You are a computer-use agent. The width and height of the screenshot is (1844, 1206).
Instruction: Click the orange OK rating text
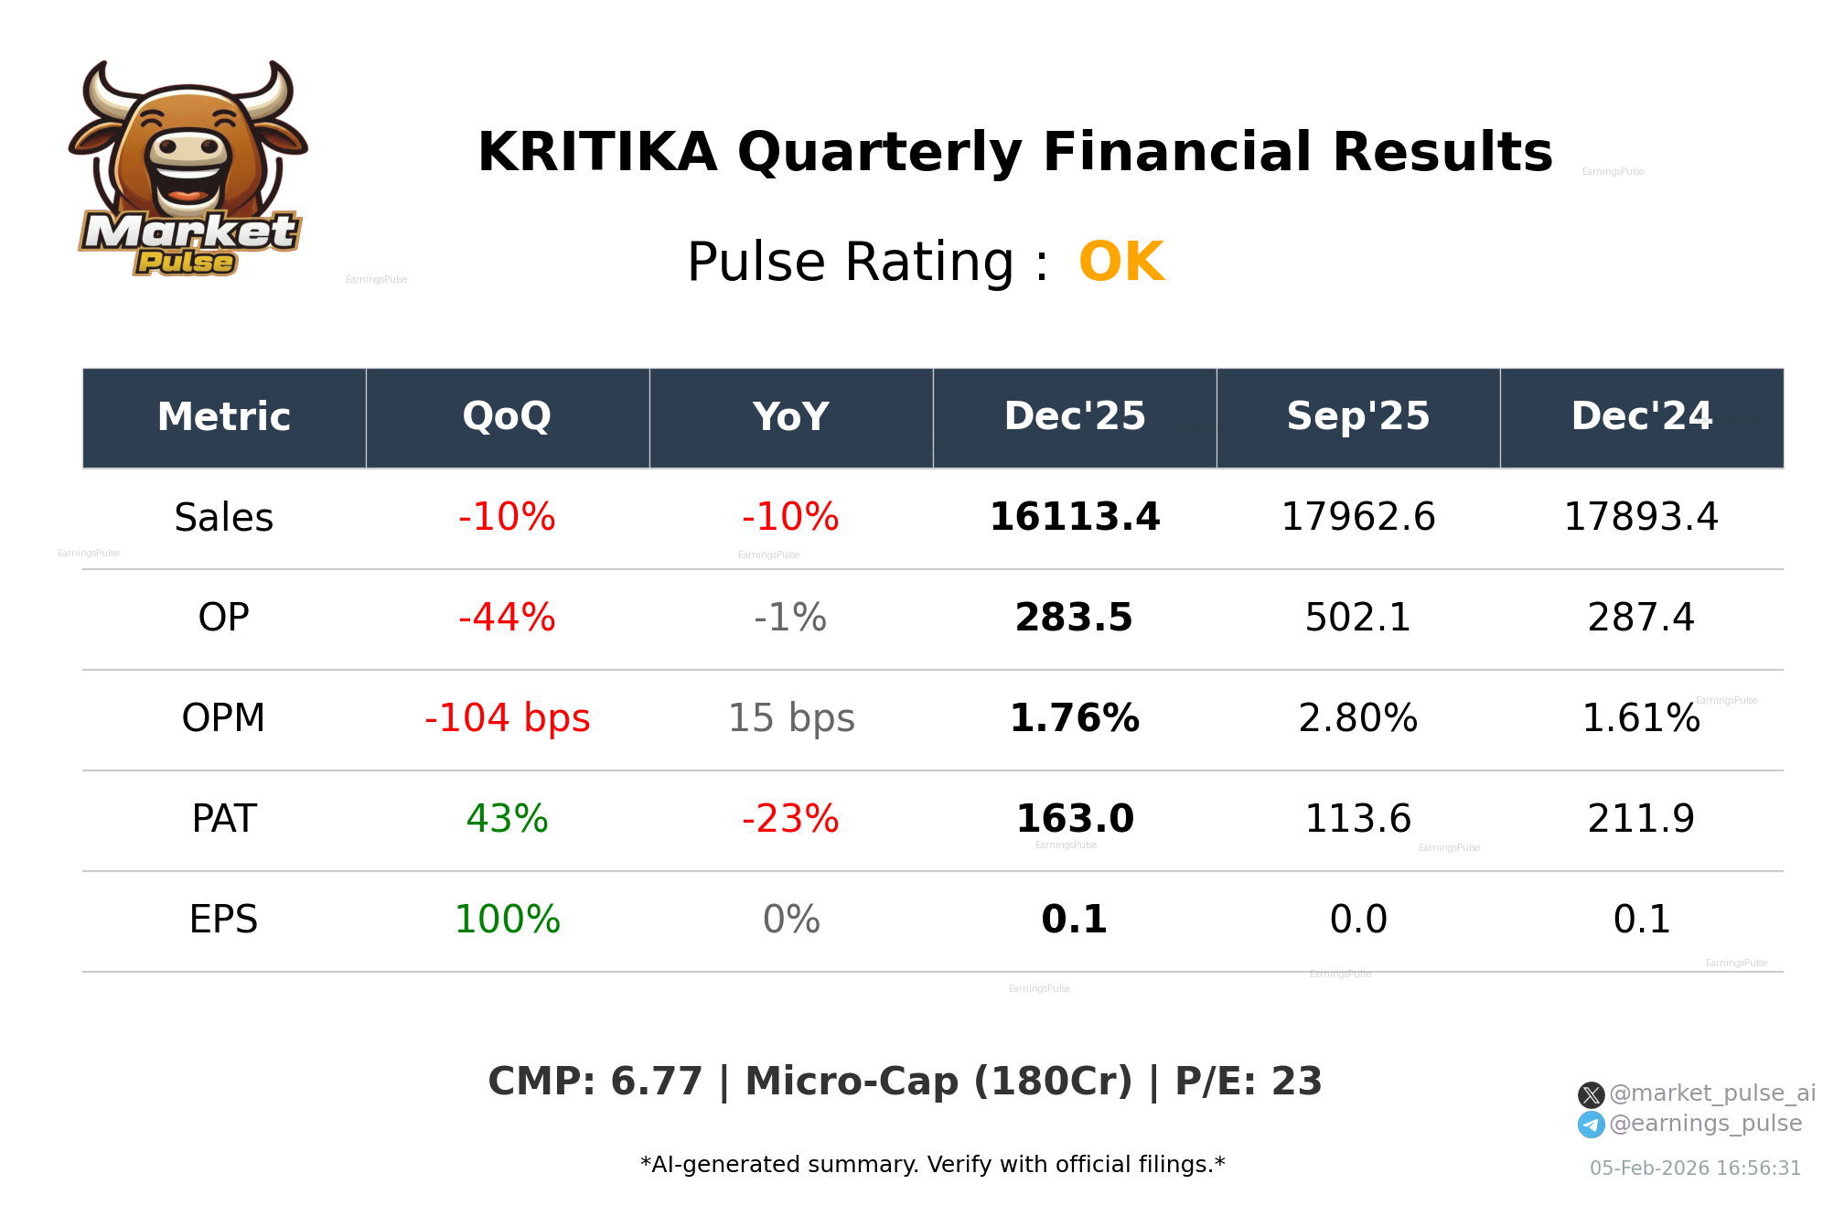click(x=1120, y=263)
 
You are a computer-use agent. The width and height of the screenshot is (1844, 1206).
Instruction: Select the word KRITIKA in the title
click(x=596, y=152)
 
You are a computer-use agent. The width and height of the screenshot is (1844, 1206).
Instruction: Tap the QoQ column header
click(x=507, y=417)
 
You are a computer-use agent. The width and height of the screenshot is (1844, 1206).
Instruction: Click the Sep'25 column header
click(x=1357, y=417)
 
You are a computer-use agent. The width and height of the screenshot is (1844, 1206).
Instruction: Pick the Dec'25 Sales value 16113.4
click(x=1074, y=518)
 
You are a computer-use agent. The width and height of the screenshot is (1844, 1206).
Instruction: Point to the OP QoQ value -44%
click(x=507, y=619)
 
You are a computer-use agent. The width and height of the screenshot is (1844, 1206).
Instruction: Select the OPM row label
click(x=223, y=719)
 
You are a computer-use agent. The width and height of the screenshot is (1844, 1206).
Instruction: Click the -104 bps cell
click(x=507, y=719)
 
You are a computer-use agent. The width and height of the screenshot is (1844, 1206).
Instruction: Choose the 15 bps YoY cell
click(x=790, y=719)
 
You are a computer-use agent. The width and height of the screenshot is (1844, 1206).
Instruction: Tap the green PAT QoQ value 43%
click(x=507, y=820)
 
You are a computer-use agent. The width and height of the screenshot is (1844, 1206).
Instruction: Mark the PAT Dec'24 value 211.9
click(x=1641, y=820)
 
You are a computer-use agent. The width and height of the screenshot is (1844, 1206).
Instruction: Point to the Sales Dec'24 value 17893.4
click(x=1641, y=518)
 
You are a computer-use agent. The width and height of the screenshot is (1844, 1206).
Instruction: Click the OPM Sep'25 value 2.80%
click(x=1357, y=719)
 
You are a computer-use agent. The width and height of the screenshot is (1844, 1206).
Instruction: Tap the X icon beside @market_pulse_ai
click(x=1591, y=1094)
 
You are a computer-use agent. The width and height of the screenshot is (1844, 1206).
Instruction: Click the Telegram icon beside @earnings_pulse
click(x=1591, y=1125)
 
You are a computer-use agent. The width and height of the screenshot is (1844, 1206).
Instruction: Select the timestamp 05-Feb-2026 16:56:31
click(x=1694, y=1168)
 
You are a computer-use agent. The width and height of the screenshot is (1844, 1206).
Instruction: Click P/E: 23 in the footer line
click(x=1248, y=1082)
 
